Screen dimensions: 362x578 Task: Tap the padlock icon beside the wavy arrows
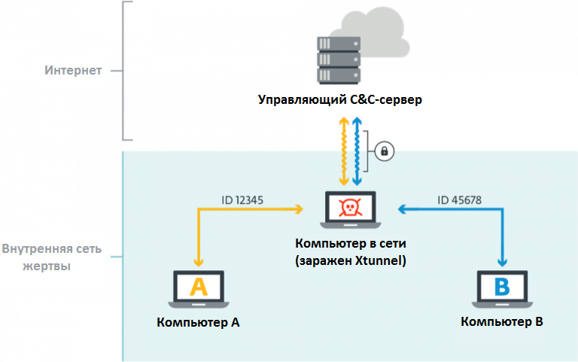coord(385,151)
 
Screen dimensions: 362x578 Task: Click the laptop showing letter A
coord(199,290)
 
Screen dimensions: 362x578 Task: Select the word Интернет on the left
coord(72,71)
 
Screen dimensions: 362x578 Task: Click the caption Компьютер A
coord(199,322)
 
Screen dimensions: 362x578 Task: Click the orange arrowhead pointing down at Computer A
coord(199,261)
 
